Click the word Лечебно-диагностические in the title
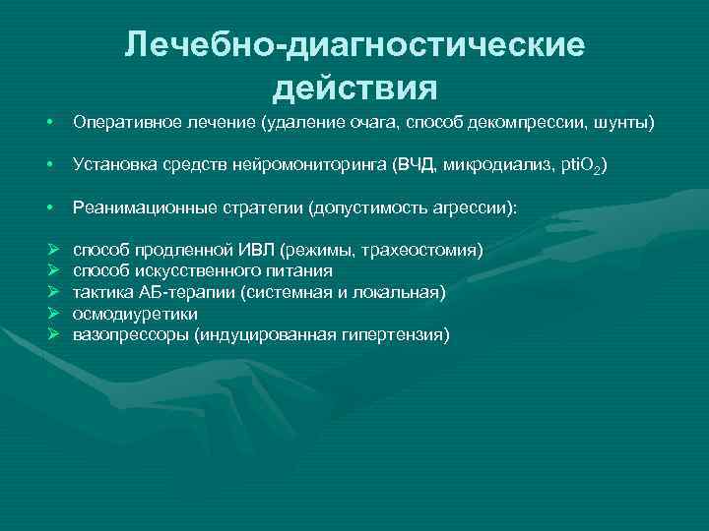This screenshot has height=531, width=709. click(354, 45)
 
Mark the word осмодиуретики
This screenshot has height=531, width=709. click(135, 314)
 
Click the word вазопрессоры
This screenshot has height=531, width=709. click(131, 335)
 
